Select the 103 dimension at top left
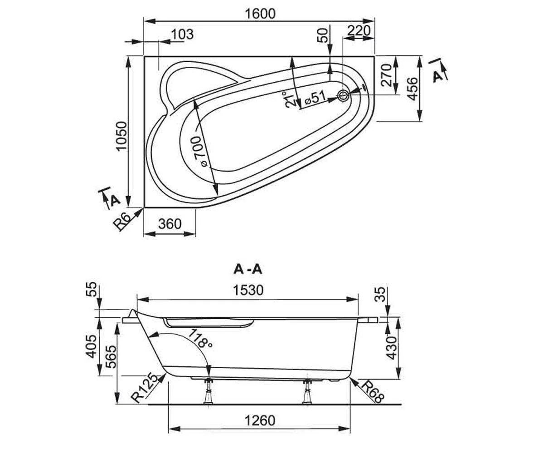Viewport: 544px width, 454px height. [182, 34]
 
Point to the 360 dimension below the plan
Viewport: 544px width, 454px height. [170, 224]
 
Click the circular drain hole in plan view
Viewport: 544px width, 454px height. [343, 96]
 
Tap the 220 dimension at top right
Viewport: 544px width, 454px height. [359, 30]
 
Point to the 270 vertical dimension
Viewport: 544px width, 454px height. [386, 75]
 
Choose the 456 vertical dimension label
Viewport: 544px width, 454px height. [413, 89]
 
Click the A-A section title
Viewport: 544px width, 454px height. [248, 269]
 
